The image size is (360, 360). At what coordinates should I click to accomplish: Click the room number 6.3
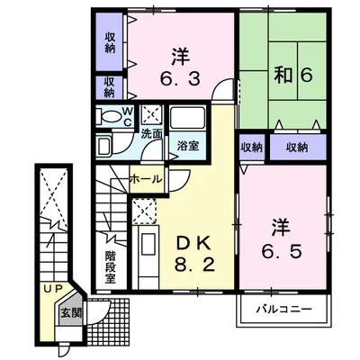[180, 79]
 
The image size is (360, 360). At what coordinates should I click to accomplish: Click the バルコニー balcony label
[283, 309]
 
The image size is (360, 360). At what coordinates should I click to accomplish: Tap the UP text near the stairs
[53, 289]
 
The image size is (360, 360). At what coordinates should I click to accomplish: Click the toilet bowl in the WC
[110, 116]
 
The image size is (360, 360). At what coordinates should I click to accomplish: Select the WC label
[128, 117]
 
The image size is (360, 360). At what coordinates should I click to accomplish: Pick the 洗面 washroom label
[152, 134]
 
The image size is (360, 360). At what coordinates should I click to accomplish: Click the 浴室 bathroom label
[187, 146]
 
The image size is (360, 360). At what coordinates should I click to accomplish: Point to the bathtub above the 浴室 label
[187, 118]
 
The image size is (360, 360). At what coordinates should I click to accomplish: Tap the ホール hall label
[146, 179]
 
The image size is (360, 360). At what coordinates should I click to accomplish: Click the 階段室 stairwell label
[110, 267]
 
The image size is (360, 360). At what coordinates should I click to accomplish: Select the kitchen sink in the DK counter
[147, 245]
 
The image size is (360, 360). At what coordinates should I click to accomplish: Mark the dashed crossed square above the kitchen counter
[144, 211]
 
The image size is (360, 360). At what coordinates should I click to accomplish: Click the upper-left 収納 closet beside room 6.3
[110, 42]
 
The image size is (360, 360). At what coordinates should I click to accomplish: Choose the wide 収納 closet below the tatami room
[297, 148]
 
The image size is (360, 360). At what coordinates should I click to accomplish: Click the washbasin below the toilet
[104, 144]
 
